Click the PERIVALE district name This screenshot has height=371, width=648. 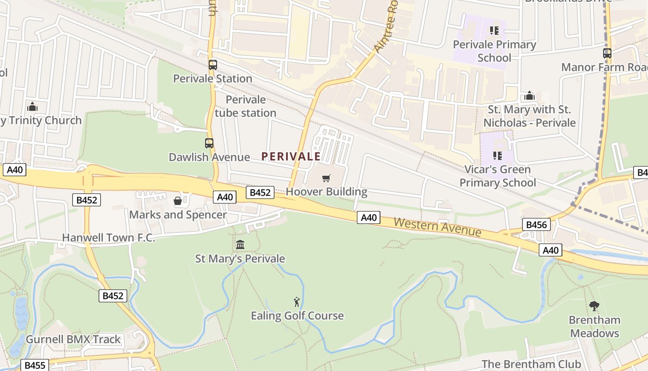point(291,157)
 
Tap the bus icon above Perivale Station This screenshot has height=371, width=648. point(212,65)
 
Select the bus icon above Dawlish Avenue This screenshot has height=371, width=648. point(209,143)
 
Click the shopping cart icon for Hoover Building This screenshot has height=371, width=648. point(326,178)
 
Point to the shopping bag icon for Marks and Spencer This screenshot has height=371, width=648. point(177,201)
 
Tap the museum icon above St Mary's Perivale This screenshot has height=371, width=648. point(240,244)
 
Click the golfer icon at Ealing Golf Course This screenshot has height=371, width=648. point(297,302)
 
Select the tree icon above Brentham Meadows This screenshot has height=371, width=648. point(594,306)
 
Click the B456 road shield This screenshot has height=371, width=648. point(536,225)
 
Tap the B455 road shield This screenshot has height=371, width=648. point(35,365)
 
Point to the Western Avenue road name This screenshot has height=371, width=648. point(437,226)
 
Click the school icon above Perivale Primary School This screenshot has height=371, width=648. point(494,31)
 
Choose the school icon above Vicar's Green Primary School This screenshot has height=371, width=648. point(498,155)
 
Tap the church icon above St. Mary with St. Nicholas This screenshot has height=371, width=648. point(530,96)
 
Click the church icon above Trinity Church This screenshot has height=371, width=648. point(32,107)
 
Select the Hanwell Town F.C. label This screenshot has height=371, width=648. point(108,237)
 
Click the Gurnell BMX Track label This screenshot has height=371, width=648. point(73,339)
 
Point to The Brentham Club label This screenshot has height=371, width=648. point(531,364)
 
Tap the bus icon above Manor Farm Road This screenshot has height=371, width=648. point(607,53)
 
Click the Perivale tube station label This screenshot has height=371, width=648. point(245,106)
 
